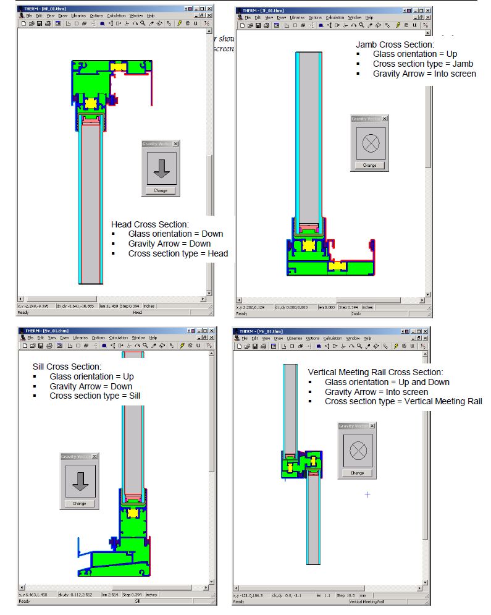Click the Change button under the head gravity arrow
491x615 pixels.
[x=161, y=190]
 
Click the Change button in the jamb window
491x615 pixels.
[x=369, y=165]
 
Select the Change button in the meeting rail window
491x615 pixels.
[x=357, y=473]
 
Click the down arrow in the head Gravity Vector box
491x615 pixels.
[x=161, y=168]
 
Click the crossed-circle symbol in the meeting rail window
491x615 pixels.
[x=357, y=451]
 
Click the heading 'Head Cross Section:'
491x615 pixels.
[x=150, y=224]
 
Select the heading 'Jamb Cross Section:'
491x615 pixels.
[x=396, y=45]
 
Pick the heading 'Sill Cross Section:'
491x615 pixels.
[x=69, y=367]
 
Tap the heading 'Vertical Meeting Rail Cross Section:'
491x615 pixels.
[x=376, y=372]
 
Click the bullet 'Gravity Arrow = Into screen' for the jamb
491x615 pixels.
[x=424, y=74]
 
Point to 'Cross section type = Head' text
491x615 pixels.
[x=178, y=253]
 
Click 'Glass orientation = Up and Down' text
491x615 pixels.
[x=387, y=382]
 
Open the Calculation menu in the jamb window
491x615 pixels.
[x=335, y=18]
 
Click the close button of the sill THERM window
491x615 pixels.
[x=209, y=331]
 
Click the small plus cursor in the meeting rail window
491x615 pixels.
[x=367, y=494]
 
